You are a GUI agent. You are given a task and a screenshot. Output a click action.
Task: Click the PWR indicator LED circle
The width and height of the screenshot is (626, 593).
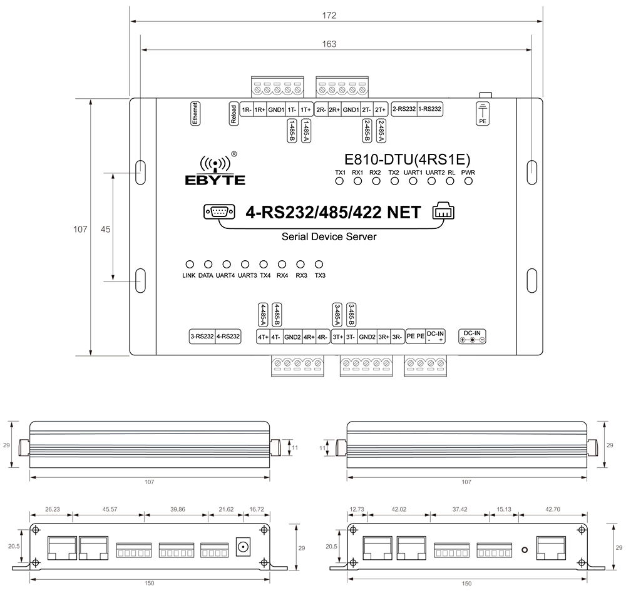point(468,181)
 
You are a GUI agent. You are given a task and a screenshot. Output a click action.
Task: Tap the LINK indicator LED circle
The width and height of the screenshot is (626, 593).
point(189,265)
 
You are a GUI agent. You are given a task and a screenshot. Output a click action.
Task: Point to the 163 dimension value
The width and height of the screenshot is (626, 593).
point(330,44)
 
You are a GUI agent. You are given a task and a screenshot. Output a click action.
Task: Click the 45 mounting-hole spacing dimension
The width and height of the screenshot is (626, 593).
point(105,230)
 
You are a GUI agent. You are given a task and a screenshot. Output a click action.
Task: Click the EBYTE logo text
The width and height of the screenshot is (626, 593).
point(215,180)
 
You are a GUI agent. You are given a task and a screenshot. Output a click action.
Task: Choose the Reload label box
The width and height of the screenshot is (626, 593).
point(233,114)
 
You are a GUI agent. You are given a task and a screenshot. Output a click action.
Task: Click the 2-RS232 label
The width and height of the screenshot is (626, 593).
point(404,109)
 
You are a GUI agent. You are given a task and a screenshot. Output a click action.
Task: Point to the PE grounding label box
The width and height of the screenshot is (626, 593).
point(482,113)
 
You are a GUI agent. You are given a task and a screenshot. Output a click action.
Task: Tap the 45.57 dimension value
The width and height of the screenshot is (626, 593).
point(110,510)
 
